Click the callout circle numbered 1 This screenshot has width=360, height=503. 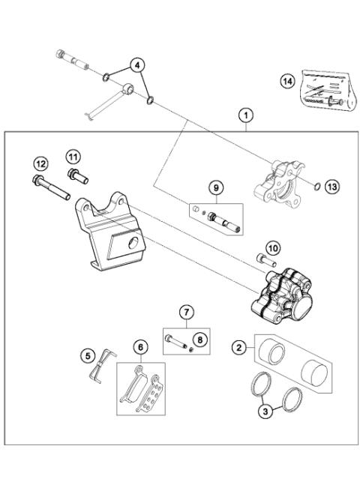click(244, 115)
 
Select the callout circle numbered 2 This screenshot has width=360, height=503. click(240, 347)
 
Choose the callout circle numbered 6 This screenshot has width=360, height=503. click(139, 346)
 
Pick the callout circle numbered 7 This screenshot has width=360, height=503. click(187, 311)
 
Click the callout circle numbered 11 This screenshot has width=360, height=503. click(72, 157)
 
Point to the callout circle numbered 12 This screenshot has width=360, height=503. click(40, 164)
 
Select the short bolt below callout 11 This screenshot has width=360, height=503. click(76, 177)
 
